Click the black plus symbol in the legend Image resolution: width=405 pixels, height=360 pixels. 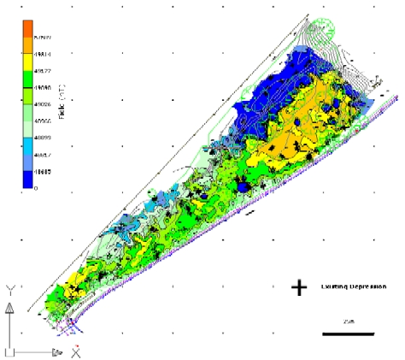(299, 287)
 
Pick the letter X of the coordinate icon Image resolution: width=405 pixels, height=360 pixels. (76, 351)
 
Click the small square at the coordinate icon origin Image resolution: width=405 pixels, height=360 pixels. (9, 351)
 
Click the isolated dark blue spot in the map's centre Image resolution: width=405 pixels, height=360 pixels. (243, 185)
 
